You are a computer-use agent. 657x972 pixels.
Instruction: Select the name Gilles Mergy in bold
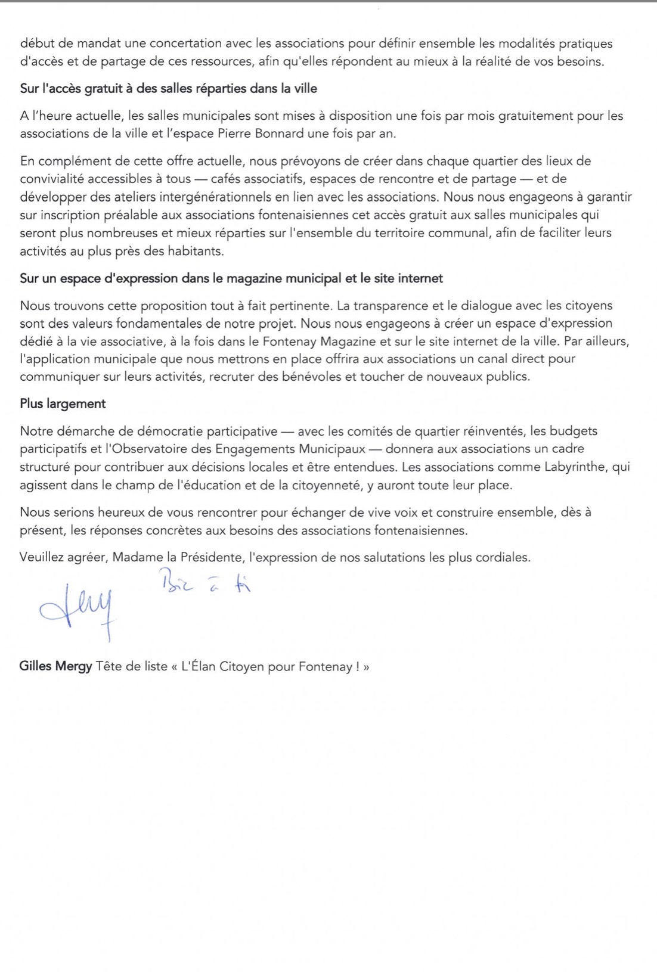(x=55, y=666)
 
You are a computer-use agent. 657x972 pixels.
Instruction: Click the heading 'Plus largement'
(x=63, y=403)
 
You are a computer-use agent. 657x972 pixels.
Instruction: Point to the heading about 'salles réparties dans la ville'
(x=169, y=89)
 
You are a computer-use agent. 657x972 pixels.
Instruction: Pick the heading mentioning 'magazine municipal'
(x=231, y=278)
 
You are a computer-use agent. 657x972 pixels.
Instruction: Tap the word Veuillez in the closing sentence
(x=42, y=558)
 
